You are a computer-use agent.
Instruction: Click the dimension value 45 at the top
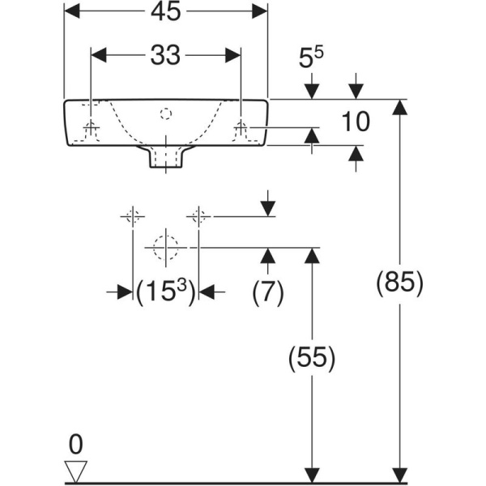coord(166,11)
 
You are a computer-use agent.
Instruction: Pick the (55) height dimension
coord(310,357)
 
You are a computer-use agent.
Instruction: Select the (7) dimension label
coord(267,292)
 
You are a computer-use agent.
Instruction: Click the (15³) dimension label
coord(166,291)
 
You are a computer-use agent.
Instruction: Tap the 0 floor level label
coord(75,444)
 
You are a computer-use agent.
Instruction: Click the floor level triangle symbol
coord(75,471)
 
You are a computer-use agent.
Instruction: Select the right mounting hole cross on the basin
coord(241,127)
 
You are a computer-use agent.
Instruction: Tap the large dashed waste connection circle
coord(166,245)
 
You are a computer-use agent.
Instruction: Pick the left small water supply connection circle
coord(132,216)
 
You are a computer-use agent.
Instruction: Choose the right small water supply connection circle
coord(199,216)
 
